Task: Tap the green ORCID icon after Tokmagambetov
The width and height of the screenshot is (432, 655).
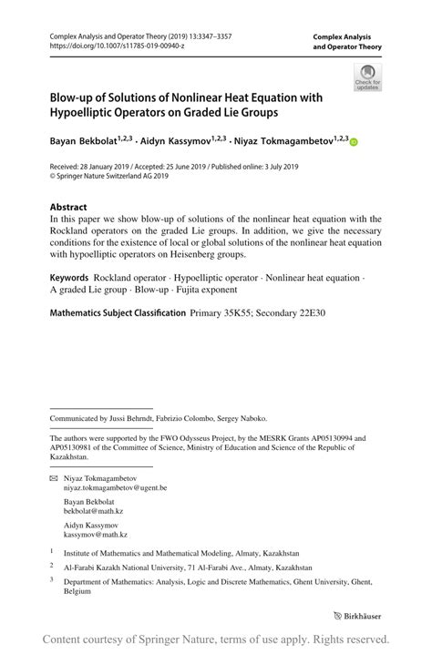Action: pyautogui.click(x=355, y=142)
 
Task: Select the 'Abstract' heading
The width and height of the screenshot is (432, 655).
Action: pyautogui.click(x=68, y=206)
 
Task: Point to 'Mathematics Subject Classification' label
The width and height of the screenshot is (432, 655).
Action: pyautogui.click(x=116, y=312)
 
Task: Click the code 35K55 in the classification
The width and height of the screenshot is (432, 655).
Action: pyautogui.click(x=234, y=312)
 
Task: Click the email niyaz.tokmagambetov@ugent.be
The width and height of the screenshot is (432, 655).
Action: pyautogui.click(x=116, y=488)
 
